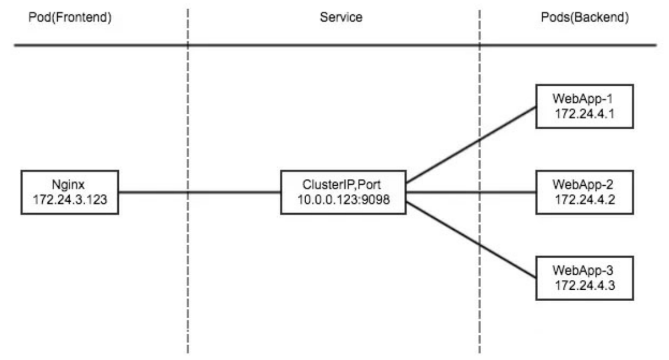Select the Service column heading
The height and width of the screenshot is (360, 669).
[341, 18]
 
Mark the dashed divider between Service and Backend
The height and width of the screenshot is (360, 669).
[479, 286]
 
